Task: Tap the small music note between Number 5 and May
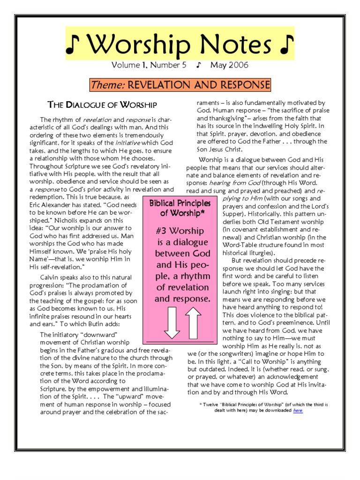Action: (x=199, y=65)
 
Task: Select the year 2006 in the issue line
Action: (x=239, y=65)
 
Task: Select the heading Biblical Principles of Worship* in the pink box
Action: (x=182, y=208)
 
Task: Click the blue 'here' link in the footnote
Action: (x=298, y=410)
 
